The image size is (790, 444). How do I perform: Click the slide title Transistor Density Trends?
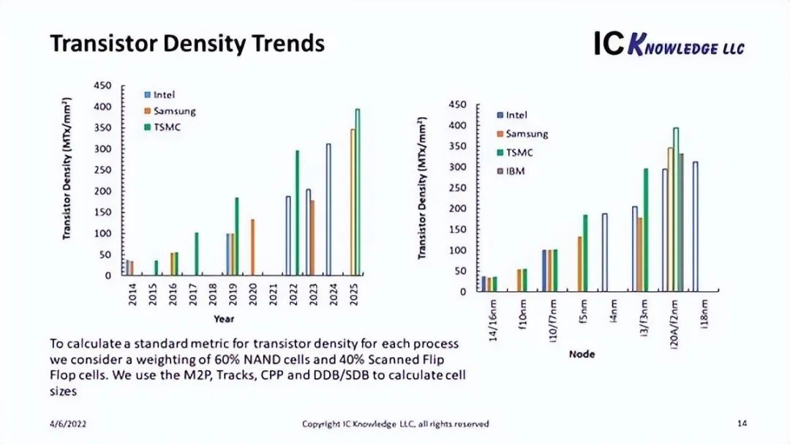point(187,43)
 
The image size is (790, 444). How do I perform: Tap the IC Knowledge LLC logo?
point(669,45)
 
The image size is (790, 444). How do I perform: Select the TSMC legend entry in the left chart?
point(167,127)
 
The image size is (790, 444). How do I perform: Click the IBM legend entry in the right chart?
point(515,171)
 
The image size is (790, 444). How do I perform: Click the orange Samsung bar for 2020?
point(252,247)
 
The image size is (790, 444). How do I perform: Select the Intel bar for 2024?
point(328,209)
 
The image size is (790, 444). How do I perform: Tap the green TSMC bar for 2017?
point(197,254)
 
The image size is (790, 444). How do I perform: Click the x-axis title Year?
point(224,319)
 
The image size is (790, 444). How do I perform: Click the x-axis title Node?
point(582,354)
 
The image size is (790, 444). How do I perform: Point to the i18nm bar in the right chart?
point(695,227)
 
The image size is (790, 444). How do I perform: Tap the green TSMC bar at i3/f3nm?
point(646,230)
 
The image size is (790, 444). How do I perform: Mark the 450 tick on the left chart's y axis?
point(102,86)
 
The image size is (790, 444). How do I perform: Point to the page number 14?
point(742,424)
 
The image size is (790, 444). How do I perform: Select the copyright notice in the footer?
point(396,424)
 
